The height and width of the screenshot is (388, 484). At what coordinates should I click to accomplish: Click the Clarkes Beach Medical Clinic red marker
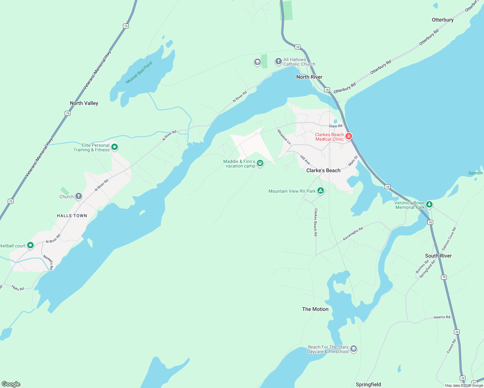pyautogui.click(x=348, y=136)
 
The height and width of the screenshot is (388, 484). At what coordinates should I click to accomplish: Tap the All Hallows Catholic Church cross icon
pyautogui.click(x=278, y=61)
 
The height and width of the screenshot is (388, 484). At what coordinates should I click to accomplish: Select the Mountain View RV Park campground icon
pyautogui.click(x=320, y=191)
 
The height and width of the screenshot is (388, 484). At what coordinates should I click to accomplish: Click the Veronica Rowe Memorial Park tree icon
pyautogui.click(x=429, y=204)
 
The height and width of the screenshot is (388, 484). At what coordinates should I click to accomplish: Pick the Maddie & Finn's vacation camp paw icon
pyautogui.click(x=260, y=163)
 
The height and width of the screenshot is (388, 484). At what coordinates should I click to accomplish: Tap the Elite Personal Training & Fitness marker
pyautogui.click(x=114, y=147)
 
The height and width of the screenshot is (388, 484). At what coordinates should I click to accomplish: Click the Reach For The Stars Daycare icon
pyautogui.click(x=354, y=349)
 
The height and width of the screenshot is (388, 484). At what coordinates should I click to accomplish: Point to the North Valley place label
pyautogui.click(x=84, y=103)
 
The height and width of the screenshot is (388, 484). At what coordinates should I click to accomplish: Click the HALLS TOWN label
pyautogui.click(x=72, y=216)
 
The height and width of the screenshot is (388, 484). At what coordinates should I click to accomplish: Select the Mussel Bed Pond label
pyautogui.click(x=139, y=72)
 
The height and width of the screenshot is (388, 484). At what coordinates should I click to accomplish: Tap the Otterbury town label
pyautogui.click(x=443, y=20)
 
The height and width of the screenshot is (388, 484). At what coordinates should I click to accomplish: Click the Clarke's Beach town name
pyautogui.click(x=323, y=170)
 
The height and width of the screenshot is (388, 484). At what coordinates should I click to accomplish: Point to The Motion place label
pyautogui.click(x=315, y=309)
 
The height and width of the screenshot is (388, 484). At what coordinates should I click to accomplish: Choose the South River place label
pyautogui.click(x=438, y=256)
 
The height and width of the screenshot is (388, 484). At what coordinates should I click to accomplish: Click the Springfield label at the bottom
pyautogui.click(x=368, y=384)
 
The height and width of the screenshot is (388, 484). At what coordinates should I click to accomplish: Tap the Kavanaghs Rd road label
pyautogui.click(x=353, y=234)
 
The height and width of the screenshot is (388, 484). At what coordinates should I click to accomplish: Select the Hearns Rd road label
pyautogui.click(x=442, y=317)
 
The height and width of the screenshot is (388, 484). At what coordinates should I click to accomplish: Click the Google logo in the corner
pyautogui.click(x=11, y=384)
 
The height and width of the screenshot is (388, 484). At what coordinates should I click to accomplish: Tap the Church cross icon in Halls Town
pyautogui.click(x=78, y=196)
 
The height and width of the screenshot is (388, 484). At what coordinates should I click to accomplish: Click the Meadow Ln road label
pyautogui.click(x=284, y=137)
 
